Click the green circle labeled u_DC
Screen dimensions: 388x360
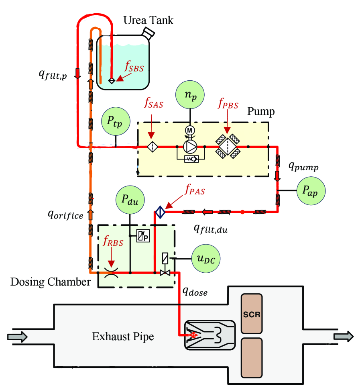(x=206, y=258)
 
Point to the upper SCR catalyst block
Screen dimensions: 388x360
(x=251, y=314)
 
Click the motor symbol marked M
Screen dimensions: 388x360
(x=189, y=130)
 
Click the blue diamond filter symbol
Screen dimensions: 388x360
(x=160, y=212)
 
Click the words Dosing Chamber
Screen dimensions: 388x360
(x=51, y=282)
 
